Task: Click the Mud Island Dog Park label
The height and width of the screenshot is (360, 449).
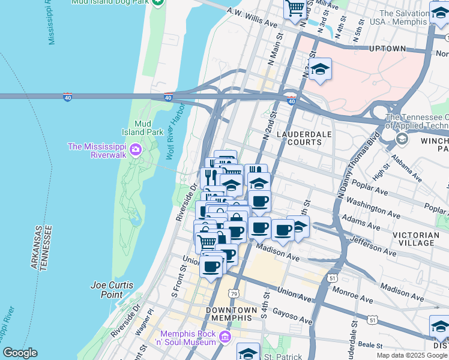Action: tap(110, 2)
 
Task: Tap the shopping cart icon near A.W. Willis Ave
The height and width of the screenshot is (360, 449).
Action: tap(295, 9)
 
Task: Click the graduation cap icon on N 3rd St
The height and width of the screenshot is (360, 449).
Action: tap(320, 69)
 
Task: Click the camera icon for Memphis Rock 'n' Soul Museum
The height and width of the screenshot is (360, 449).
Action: tap(225, 337)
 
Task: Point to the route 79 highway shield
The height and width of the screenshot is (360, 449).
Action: tap(233, 293)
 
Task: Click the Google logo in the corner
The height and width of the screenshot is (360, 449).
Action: tap(20, 353)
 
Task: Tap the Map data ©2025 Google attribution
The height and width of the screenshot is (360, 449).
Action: tap(411, 355)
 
